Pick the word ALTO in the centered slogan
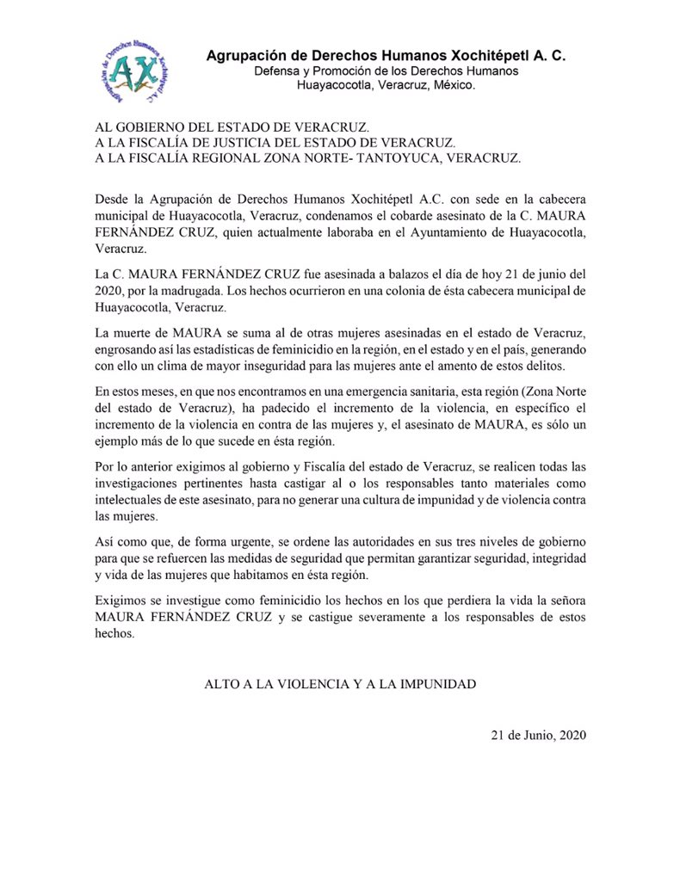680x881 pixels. point(223,686)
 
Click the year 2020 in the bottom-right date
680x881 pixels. point(570,735)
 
